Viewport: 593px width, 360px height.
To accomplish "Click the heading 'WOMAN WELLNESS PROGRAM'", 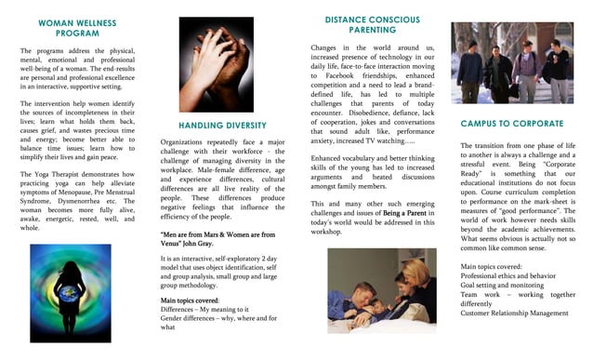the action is tap(77, 27).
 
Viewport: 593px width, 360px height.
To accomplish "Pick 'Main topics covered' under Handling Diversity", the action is tap(190, 300).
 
